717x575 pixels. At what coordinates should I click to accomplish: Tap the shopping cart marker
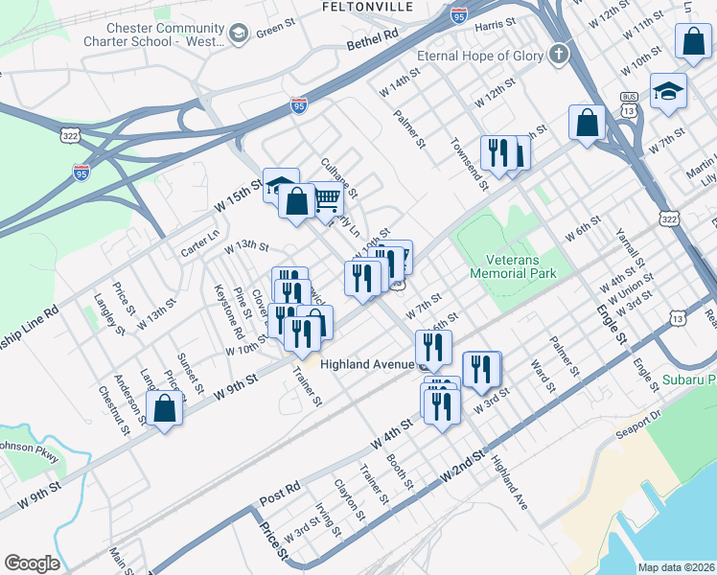pyautogui.click(x=327, y=199)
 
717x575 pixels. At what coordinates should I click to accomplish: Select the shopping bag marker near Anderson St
pyautogui.click(x=165, y=408)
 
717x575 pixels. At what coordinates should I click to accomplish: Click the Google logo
pyautogui.click(x=32, y=563)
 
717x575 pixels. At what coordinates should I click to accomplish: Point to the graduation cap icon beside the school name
pyautogui.click(x=239, y=35)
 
